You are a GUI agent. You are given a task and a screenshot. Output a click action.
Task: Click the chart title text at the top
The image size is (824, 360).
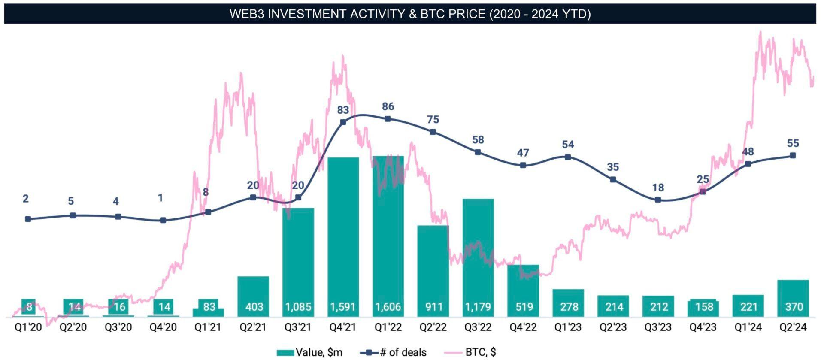[410, 14]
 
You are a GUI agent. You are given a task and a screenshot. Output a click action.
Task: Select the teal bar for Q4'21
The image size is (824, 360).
[343, 236]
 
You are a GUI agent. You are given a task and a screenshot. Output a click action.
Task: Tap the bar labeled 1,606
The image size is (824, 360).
[388, 236]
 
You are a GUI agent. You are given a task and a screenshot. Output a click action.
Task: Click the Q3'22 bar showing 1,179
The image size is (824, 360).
[478, 257]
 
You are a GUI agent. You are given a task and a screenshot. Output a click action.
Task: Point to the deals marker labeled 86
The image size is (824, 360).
[388, 119]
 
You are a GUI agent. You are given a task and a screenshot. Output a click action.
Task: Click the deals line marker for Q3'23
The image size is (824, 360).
[658, 200]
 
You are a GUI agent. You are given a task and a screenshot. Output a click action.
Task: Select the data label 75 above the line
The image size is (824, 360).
[433, 119]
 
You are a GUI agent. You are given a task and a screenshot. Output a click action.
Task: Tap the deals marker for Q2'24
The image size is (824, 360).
[793, 155]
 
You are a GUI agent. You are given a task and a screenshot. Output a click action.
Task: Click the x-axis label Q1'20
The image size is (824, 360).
[28, 327]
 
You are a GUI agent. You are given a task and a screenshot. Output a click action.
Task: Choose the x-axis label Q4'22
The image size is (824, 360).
[523, 327]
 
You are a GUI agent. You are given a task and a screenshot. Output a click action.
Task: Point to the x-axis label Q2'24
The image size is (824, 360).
[793, 327]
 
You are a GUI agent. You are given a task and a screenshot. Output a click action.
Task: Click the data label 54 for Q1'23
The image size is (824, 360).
[568, 145]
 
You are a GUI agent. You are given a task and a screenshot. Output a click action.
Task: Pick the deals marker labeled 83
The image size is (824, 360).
[343, 122]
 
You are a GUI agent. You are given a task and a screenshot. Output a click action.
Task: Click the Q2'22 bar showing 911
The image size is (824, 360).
[433, 270]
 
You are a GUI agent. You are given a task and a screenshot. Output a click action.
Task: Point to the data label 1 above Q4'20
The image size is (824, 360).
[161, 198]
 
